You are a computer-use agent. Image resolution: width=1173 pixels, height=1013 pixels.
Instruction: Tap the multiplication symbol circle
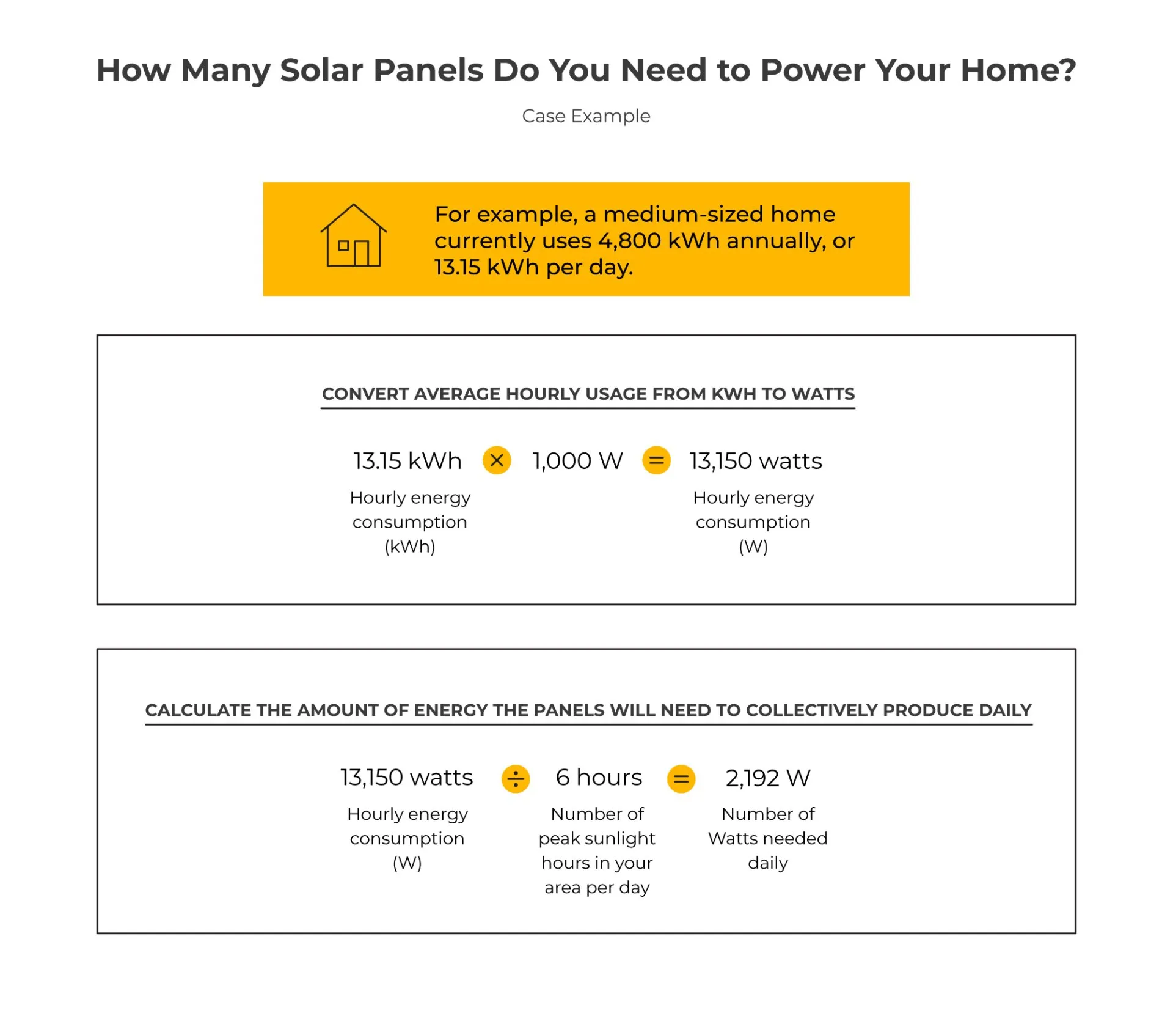[497, 460]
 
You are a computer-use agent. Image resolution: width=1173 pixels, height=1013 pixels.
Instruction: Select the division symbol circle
[516, 779]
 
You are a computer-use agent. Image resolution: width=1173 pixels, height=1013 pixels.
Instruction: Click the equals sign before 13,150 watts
[656, 460]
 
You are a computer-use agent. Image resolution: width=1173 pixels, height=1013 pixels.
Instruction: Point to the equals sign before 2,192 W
[681, 779]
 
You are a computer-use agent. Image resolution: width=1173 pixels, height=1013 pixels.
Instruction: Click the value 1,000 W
[577, 461]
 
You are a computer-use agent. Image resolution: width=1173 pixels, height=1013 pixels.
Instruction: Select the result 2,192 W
[768, 778]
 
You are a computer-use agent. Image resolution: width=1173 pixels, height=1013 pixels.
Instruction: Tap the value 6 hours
[599, 778]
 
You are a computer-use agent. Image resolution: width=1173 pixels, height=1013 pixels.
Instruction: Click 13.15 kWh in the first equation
[407, 461]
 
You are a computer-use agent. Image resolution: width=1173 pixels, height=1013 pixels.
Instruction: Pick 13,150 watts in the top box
[756, 461]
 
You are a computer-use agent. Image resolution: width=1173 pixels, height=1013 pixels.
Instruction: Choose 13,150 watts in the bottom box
[406, 778]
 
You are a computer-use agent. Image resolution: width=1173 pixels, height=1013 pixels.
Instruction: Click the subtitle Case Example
[586, 116]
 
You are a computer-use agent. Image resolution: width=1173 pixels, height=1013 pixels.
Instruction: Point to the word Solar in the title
[321, 70]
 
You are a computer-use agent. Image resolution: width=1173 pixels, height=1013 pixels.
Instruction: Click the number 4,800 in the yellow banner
[629, 241]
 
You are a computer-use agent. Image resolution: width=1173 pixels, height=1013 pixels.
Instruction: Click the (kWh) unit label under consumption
[410, 547]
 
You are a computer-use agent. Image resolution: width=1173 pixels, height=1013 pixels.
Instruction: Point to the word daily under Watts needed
[768, 863]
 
